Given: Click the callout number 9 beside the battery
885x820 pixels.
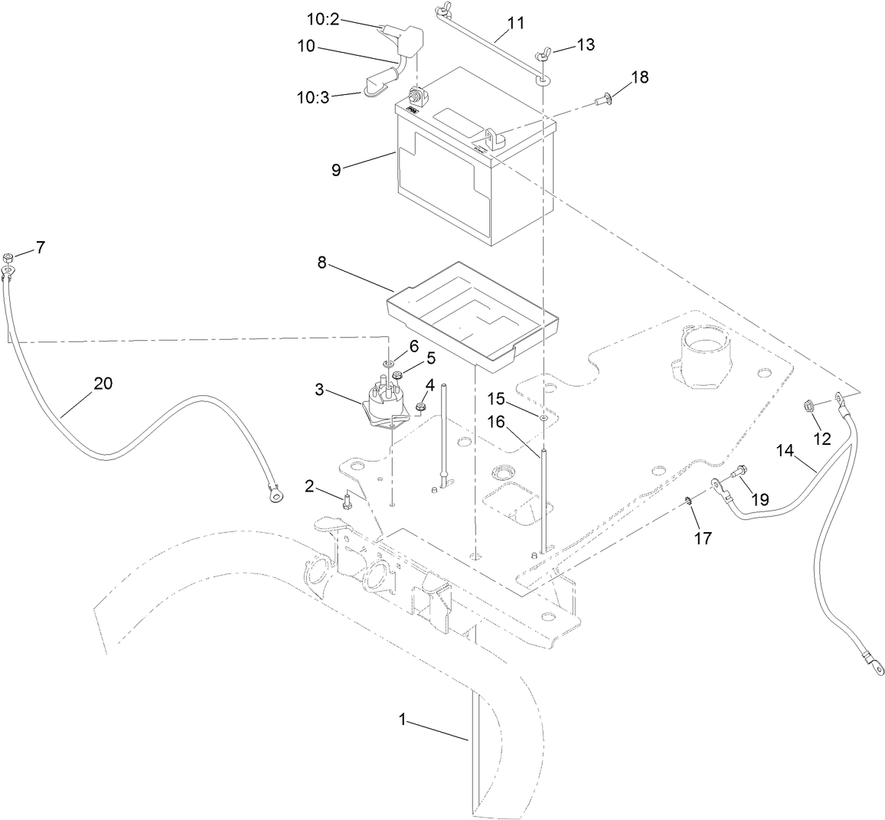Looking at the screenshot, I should point(336,170).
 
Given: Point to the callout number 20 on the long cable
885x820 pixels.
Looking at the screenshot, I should point(103,384).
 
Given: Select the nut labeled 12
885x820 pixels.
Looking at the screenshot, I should point(808,406).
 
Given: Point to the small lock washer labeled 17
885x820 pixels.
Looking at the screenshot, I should point(688,501).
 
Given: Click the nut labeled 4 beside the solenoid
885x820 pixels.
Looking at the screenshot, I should point(420,405).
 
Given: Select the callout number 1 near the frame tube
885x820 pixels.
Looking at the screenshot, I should point(403,720).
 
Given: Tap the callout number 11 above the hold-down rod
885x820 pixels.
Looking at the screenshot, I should point(516,22).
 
